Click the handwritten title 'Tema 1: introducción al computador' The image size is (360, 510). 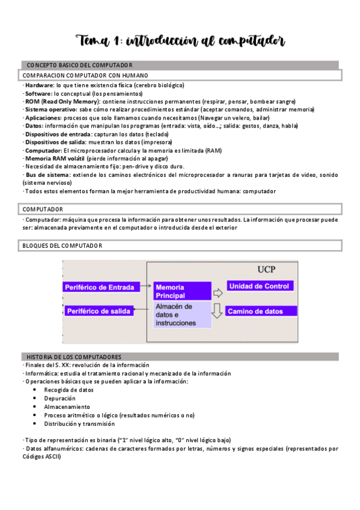click(x=180, y=41)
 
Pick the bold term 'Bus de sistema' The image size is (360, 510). click(x=47, y=174)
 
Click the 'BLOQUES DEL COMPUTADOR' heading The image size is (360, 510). click(x=63, y=245)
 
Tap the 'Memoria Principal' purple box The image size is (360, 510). click(x=181, y=291)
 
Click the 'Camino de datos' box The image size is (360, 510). click(x=262, y=312)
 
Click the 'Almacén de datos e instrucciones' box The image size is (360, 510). click(x=181, y=315)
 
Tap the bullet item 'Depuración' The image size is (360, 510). click(x=59, y=398)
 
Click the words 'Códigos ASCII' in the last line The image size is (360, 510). click(x=41, y=456)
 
